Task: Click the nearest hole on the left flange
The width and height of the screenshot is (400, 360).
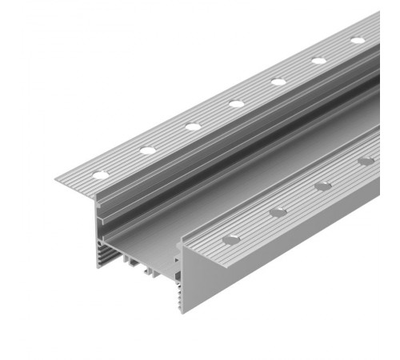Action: click(x=102, y=174)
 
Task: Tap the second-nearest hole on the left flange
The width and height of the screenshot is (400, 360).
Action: click(x=148, y=150)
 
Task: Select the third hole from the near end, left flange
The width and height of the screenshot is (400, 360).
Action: click(x=193, y=126)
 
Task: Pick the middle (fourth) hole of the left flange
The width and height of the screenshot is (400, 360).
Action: click(x=237, y=102)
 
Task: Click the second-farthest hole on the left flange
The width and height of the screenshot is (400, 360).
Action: click(x=319, y=60)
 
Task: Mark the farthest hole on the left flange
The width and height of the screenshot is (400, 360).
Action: click(x=358, y=40)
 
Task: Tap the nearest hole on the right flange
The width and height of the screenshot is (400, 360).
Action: click(x=230, y=238)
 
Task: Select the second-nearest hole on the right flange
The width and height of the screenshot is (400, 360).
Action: click(x=278, y=212)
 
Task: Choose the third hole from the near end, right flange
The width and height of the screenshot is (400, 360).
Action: click(x=323, y=186)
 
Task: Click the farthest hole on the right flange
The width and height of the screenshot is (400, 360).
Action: click(x=366, y=162)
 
